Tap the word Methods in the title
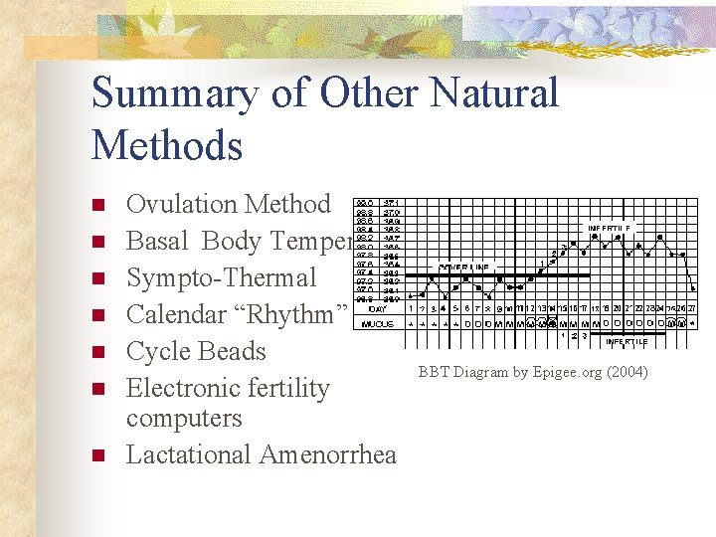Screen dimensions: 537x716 (167, 145)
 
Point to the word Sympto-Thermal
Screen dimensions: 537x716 (221, 277)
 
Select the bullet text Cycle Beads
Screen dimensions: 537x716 (196, 351)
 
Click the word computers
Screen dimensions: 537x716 (184, 418)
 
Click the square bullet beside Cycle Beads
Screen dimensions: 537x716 (97, 352)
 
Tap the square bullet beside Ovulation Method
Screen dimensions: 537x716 (97, 205)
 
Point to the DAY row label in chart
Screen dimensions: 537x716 (377, 309)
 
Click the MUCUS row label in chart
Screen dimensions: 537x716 (377, 323)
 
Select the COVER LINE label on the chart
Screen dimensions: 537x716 (464, 267)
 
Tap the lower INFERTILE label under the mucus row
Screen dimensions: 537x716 (626, 341)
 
